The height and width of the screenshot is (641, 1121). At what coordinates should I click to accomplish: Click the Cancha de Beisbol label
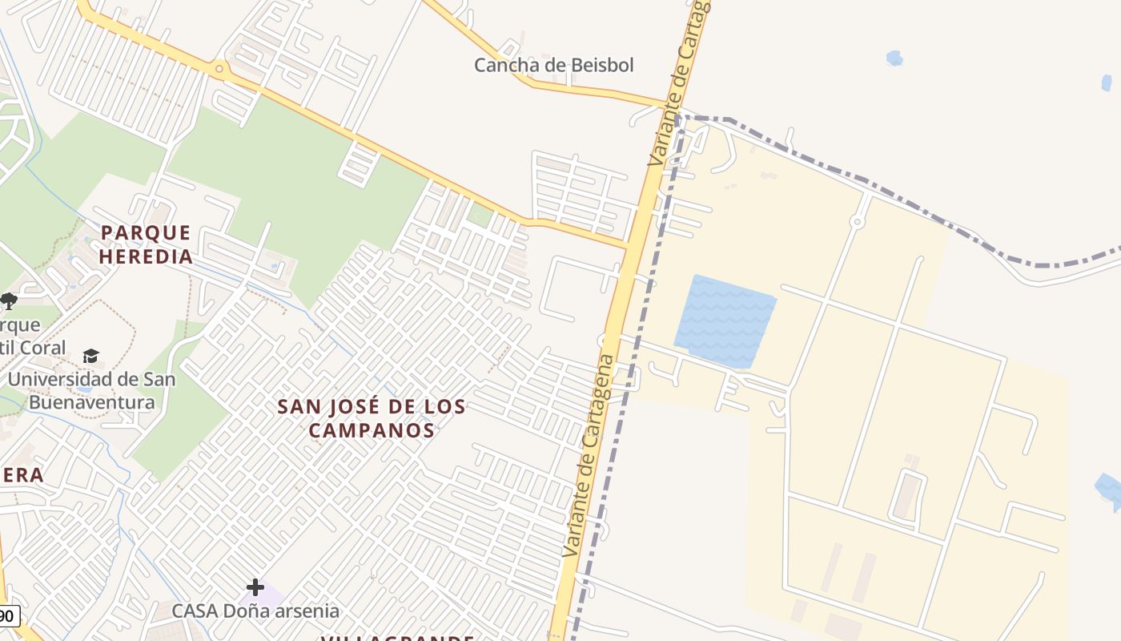pos(553,65)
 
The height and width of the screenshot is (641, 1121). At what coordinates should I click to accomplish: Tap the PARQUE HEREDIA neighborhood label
pos(147,244)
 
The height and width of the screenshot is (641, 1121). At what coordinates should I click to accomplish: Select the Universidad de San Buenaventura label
pos(91,390)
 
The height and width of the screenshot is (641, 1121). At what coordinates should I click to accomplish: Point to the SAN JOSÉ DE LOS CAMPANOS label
pos(372,418)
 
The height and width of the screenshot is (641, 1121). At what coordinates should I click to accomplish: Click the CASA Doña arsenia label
pos(255,611)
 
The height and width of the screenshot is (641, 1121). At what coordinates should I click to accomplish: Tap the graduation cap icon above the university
pos(90,356)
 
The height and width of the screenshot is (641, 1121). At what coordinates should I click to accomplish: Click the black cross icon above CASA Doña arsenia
pos(255,587)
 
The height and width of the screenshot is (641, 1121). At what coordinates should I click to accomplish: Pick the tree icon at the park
pos(9,301)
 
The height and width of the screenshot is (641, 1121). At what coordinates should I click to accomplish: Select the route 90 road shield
pos(7,616)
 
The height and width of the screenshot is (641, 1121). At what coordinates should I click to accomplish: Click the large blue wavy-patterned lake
pos(724,321)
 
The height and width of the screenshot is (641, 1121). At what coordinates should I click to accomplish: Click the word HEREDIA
pos(147,256)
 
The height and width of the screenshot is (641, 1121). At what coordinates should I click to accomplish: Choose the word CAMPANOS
pos(372,430)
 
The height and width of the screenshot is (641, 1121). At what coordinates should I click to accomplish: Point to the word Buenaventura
pos(91,401)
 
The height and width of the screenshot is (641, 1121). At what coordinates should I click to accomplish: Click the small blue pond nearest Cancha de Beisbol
pos(894,58)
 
